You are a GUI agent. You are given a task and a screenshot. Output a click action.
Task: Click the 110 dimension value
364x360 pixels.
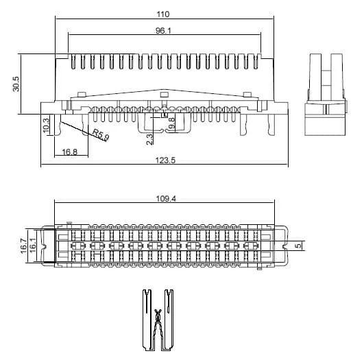162,13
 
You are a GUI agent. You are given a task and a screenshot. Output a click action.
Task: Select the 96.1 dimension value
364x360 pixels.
162,30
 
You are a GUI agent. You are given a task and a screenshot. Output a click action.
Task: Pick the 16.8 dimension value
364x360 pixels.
69,152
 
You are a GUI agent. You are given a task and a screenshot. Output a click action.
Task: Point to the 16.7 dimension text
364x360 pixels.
23,245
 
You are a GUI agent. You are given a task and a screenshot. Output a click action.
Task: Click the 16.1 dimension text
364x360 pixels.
32,245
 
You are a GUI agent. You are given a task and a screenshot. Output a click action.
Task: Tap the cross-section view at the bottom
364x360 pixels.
158,320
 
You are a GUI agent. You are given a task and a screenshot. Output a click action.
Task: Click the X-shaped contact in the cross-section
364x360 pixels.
158,316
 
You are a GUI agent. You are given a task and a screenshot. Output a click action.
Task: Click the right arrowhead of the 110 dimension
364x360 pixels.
274,19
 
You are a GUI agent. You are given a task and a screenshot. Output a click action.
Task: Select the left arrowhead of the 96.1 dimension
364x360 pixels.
69,35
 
